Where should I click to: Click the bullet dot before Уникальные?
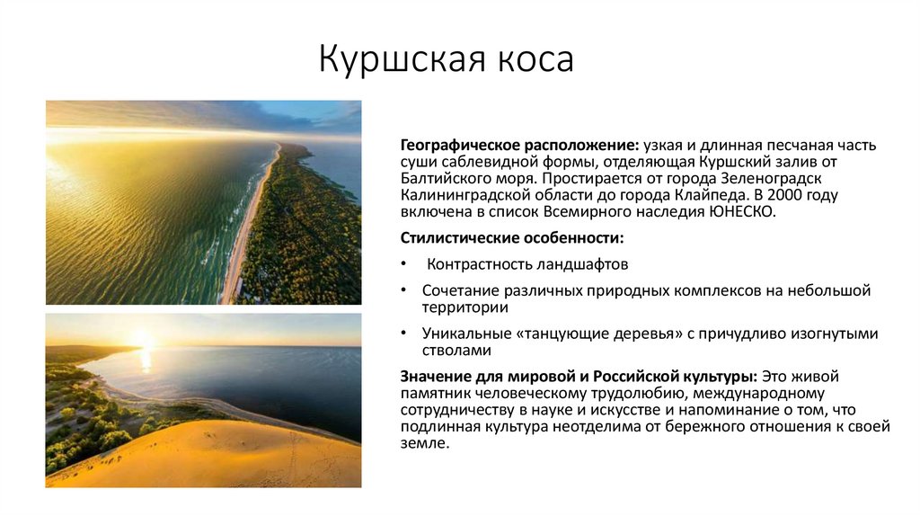pos(405,334)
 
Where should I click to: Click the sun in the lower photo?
pos(144,340)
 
